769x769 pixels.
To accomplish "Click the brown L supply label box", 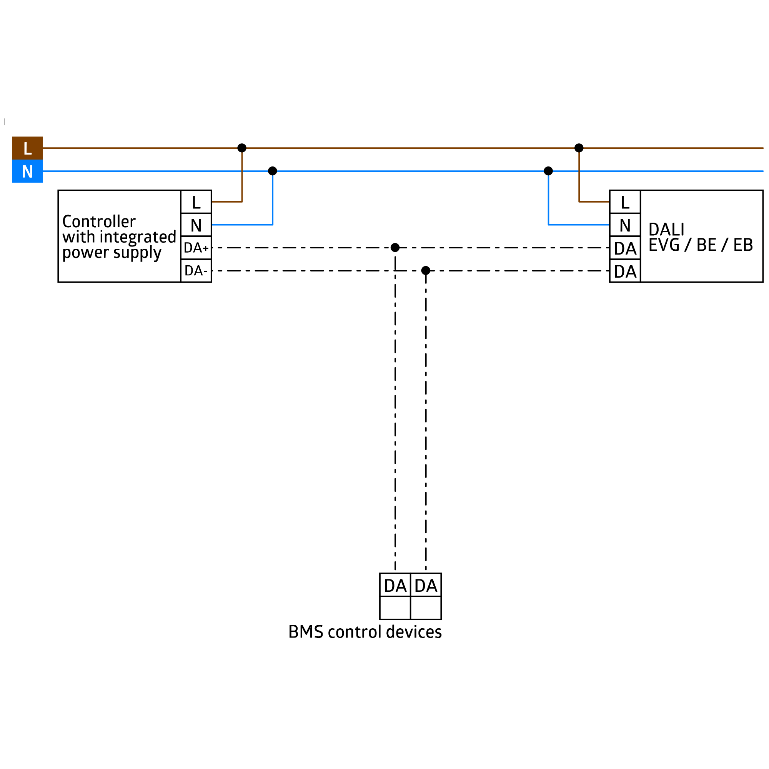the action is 27,148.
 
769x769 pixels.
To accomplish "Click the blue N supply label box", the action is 27,171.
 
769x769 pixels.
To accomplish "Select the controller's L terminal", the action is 196,202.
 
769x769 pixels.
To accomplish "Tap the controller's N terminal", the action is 196,225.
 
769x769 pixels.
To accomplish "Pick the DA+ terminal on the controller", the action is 196,248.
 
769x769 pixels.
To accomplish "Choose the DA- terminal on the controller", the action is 196,271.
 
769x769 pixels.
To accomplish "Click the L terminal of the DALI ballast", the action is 625,202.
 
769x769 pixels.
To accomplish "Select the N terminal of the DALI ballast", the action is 625,225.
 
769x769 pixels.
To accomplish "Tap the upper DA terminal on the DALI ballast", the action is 625,248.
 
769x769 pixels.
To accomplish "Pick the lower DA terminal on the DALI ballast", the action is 625,271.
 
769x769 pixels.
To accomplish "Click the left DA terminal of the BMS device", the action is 395,585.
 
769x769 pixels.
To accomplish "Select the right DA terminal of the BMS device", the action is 426,585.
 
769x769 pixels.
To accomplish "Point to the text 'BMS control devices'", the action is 365,632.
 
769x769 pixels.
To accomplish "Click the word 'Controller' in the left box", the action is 99,221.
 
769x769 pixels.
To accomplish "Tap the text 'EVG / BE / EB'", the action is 701,245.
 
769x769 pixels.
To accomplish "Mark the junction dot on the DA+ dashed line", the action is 395,248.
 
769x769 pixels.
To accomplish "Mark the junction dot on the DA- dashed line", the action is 426,271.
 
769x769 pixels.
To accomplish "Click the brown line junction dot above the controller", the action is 241,148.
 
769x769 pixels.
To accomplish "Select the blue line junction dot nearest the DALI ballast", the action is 548,171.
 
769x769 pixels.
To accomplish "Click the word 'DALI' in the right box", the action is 666,229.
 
